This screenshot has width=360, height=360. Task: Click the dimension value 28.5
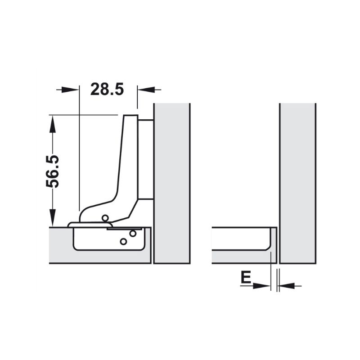point(107,89)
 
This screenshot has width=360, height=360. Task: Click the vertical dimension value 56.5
point(53,171)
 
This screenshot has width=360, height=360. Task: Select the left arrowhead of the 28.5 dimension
point(72,90)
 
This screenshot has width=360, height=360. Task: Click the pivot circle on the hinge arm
point(106,218)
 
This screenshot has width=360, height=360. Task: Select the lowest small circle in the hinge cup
point(123,242)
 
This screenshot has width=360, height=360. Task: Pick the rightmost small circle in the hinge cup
point(133,234)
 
